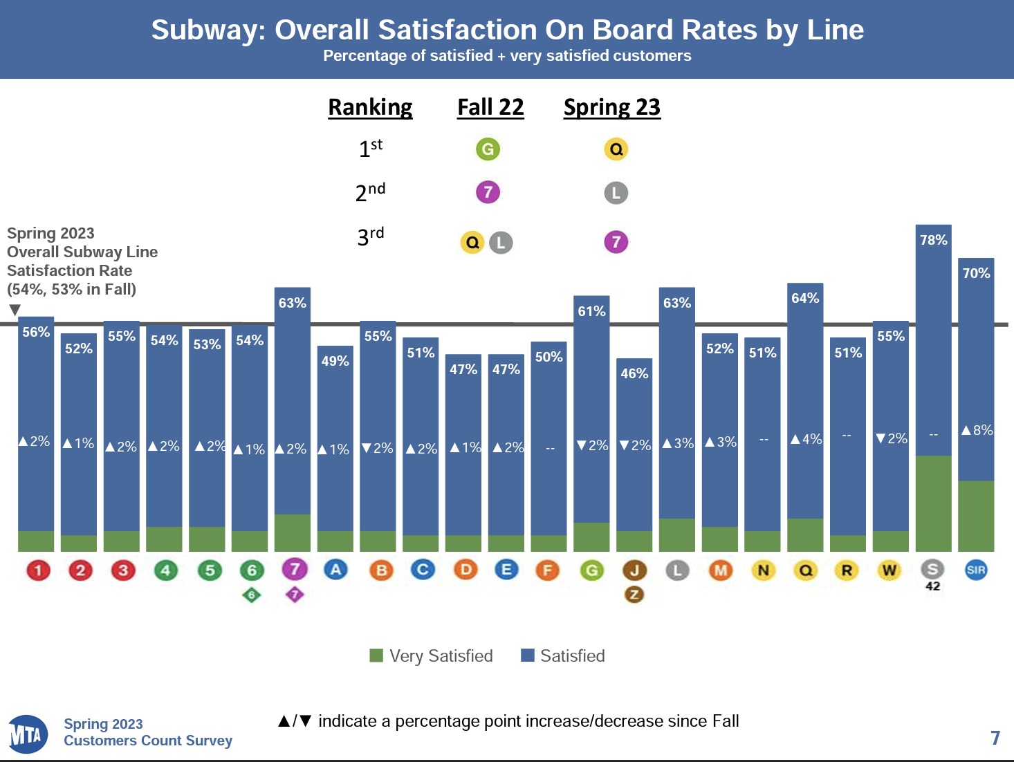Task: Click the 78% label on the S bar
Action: pos(933,240)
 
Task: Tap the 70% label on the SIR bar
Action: pos(976,273)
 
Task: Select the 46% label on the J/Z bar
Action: pos(634,373)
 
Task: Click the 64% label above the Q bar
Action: pos(805,298)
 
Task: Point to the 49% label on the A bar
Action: pos(335,361)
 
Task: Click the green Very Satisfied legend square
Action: pos(376,656)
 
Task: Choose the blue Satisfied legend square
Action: pos(528,656)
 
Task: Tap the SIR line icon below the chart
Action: pos(976,570)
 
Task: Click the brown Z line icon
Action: pos(634,594)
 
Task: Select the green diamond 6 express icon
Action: pos(252,595)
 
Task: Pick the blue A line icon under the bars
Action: pos(335,570)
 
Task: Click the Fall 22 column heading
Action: pos(490,107)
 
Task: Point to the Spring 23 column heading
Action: pos(612,107)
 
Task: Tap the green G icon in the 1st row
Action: pos(488,149)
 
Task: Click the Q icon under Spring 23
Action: pos(616,149)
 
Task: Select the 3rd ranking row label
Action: pos(370,236)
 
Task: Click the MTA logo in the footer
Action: pos(28,734)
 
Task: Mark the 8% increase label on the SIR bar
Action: pos(977,430)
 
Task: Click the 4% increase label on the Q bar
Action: pos(806,439)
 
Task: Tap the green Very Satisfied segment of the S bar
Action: pos(933,503)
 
